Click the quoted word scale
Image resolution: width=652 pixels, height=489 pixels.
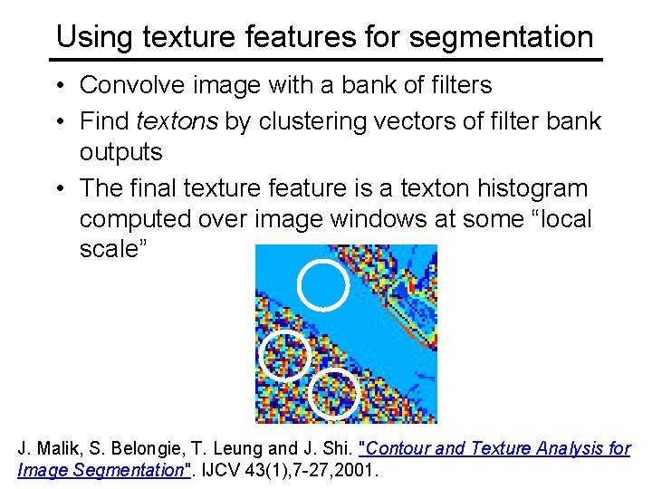[x=109, y=250]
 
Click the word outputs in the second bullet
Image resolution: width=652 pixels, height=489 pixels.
[x=121, y=151]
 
